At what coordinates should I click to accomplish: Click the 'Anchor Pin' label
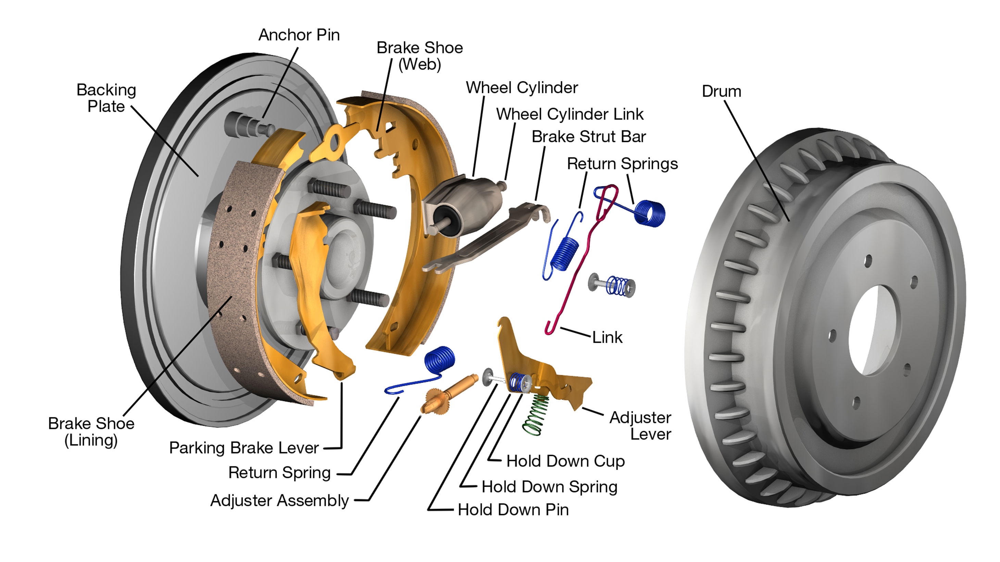point(299,35)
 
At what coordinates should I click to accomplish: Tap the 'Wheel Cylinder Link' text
point(570,114)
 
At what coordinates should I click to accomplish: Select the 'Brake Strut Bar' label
point(588,137)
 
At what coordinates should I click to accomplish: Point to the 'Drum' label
point(721,92)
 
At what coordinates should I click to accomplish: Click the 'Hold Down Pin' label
point(513,510)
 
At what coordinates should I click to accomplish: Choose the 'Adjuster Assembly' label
point(279,500)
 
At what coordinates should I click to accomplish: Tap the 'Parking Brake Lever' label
point(244,448)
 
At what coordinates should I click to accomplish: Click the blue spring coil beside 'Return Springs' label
point(649,212)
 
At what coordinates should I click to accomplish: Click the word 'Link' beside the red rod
point(607,337)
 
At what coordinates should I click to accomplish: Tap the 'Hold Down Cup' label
point(565,461)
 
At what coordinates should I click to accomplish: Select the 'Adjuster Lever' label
point(640,426)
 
